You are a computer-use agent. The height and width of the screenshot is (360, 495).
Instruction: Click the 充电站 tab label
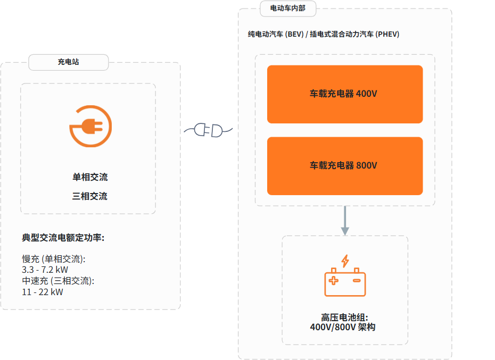[68, 62]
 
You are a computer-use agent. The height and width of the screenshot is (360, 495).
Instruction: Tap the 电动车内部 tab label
[287, 8]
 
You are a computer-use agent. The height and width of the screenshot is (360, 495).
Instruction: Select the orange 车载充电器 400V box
[345, 94]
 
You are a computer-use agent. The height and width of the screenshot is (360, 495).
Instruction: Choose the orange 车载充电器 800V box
[345, 166]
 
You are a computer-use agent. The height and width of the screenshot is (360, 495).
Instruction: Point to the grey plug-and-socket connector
[208, 130]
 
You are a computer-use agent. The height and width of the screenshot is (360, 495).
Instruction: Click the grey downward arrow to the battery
[345, 221]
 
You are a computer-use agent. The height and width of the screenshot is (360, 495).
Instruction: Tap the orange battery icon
[345, 282]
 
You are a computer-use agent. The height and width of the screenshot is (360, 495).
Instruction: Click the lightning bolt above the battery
[345, 261]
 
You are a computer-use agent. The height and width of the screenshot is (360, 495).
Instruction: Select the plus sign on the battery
[333, 280]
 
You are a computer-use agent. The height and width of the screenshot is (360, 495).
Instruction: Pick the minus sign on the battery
[357, 280]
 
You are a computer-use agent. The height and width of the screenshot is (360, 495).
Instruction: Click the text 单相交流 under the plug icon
[90, 177]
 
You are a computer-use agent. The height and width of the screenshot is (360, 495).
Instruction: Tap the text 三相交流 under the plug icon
[89, 196]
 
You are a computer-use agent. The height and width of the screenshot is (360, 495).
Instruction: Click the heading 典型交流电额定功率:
[63, 238]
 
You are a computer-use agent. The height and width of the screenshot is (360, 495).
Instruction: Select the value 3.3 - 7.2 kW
[45, 270]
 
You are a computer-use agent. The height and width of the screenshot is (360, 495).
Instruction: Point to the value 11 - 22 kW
[42, 292]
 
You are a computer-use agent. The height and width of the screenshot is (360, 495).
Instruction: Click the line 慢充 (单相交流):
[54, 259]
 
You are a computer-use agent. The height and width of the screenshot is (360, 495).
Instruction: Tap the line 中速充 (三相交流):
[58, 281]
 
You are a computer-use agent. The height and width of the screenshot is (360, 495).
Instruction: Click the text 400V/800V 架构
[343, 327]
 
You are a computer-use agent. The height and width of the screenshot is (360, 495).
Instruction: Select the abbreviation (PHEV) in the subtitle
[387, 34]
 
